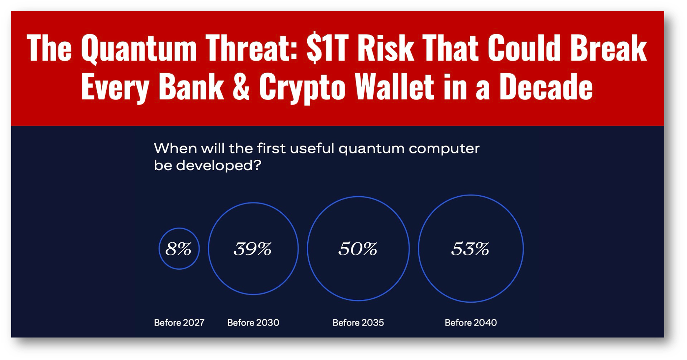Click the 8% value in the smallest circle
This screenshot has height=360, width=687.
tap(178, 249)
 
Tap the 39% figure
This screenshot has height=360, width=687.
tap(253, 249)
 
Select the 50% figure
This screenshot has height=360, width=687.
tap(358, 249)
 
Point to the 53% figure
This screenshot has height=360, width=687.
tap(470, 249)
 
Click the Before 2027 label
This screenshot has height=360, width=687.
tap(179, 323)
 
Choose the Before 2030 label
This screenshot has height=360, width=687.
tap(253, 323)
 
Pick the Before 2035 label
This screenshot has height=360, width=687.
tap(358, 323)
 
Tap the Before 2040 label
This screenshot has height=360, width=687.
tap(471, 323)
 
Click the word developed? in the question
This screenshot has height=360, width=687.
tap(218, 165)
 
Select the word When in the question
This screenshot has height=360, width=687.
tap(173, 148)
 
